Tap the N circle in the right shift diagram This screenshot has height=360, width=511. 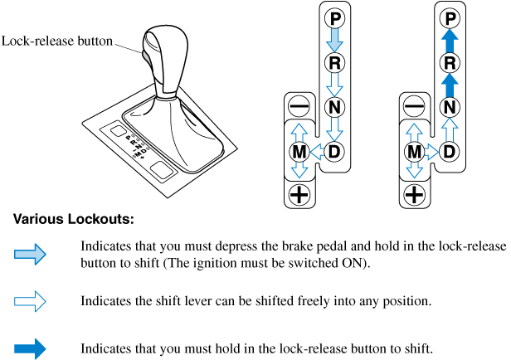point(449,106)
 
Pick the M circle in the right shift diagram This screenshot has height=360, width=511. point(413,152)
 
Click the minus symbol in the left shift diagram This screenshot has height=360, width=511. point(299,106)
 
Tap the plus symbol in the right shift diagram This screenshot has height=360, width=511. point(413,196)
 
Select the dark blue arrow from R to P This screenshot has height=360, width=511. point(449,40)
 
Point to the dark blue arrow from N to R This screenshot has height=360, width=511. point(449,84)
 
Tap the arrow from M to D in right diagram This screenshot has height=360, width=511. point(431,152)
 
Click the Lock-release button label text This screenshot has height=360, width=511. point(57,40)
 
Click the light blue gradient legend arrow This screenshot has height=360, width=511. point(31,255)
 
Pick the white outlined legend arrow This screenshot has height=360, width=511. point(31,300)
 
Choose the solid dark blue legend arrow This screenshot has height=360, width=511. point(31,348)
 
